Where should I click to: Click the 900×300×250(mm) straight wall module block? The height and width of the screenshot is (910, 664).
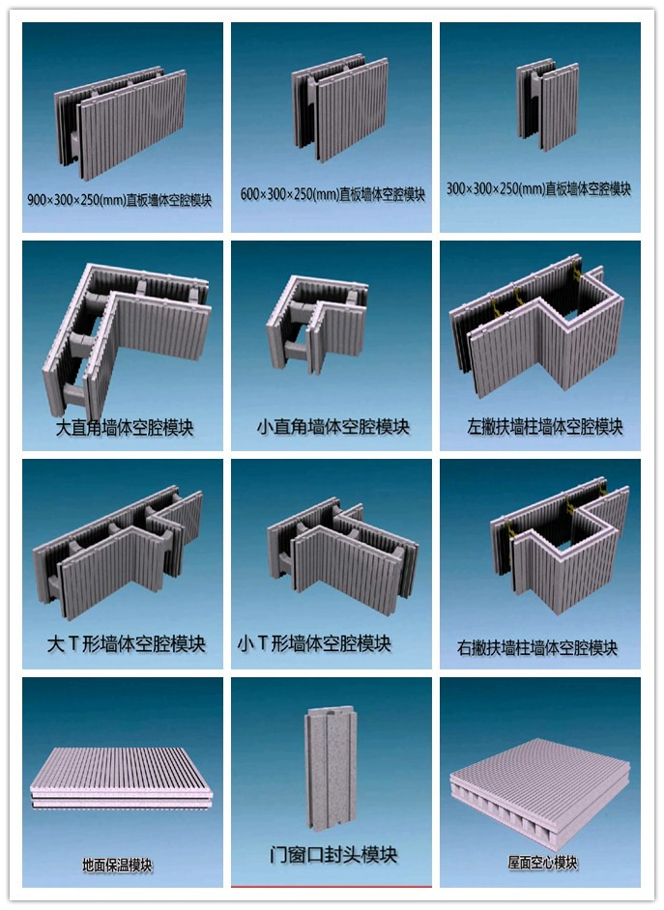121,123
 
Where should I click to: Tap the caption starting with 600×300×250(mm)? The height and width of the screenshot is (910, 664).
332,194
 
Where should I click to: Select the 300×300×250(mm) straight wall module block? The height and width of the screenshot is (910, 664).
547,103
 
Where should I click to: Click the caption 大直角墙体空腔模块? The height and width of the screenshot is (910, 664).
125,428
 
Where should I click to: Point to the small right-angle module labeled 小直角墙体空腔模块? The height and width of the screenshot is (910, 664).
316,324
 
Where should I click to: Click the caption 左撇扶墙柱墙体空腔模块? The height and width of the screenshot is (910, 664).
544,427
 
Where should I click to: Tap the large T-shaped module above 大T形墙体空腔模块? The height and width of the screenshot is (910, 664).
118,552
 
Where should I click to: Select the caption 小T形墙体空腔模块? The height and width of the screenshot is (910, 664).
314,643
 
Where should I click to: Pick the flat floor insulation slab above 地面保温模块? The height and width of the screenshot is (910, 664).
121,779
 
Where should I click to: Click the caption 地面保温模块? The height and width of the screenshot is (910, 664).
117,866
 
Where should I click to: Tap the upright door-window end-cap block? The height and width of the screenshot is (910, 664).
331,768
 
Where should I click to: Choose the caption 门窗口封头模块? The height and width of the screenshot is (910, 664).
333,854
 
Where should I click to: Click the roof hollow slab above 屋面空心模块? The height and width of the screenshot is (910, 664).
539,784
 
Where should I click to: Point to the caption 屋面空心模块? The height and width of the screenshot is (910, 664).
542,863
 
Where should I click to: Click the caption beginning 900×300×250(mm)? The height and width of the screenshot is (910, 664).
120,200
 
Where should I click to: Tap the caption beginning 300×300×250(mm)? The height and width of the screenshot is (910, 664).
538,188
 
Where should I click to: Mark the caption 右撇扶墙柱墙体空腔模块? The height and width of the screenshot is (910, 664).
536,647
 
